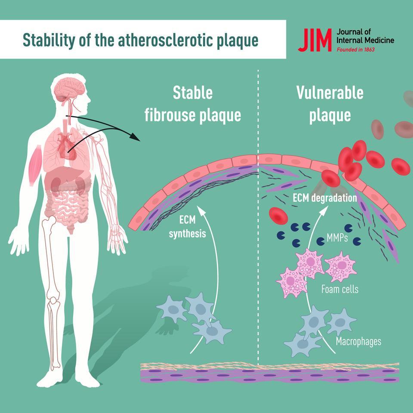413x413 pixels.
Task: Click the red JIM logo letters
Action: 315,40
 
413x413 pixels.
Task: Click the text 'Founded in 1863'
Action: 355,50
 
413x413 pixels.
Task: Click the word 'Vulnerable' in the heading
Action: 330,92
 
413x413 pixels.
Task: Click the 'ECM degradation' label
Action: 325,198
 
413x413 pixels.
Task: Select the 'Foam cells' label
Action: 340,289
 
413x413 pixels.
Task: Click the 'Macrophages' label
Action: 358,342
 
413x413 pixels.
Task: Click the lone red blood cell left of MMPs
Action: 278,216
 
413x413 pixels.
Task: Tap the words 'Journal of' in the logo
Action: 352,32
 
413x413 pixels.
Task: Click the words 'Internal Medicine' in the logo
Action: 365,41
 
